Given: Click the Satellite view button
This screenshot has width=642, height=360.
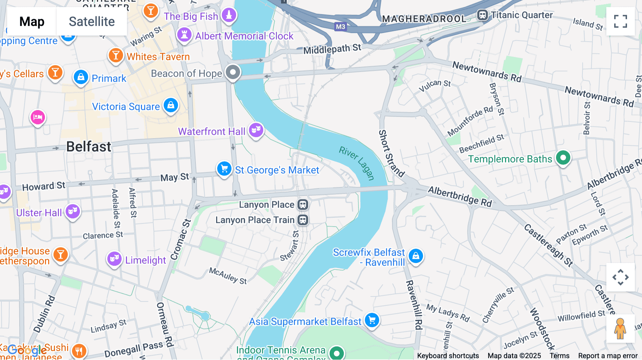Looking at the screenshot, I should click(x=92, y=21).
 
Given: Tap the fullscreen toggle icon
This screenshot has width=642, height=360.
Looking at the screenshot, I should click(x=620, y=21).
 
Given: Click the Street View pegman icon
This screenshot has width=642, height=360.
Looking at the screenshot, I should click(x=620, y=329).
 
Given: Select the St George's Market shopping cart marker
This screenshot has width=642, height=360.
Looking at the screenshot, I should click(x=224, y=169).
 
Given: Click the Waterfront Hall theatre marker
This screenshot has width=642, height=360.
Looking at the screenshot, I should click(x=256, y=130).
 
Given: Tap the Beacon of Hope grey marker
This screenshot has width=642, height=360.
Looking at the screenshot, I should click(x=233, y=72).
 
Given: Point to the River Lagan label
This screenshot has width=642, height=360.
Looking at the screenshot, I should click(x=356, y=163).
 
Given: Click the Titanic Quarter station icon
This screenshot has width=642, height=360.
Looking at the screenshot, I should click(x=482, y=15).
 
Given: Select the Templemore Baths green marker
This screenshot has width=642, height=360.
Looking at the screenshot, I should click(x=563, y=158).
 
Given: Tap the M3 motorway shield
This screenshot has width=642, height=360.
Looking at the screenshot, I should click(x=340, y=27).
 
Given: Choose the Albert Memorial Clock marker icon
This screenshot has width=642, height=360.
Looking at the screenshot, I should click(x=184, y=35).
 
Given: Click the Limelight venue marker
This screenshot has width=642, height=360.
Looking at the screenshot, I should click(x=114, y=259).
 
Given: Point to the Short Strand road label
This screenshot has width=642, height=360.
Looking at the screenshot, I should click(x=391, y=153).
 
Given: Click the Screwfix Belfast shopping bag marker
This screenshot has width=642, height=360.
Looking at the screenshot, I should click(x=416, y=256).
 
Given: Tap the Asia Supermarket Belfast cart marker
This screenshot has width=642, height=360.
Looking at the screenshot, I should click(x=372, y=320).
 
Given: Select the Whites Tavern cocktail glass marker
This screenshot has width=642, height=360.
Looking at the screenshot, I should click(x=116, y=56).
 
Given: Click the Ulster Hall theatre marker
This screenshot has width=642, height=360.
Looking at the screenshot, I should click(x=73, y=211).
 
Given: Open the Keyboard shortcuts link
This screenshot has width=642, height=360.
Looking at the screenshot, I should click(x=448, y=356).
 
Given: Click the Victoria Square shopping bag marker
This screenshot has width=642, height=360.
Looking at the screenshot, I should click(x=171, y=106).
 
